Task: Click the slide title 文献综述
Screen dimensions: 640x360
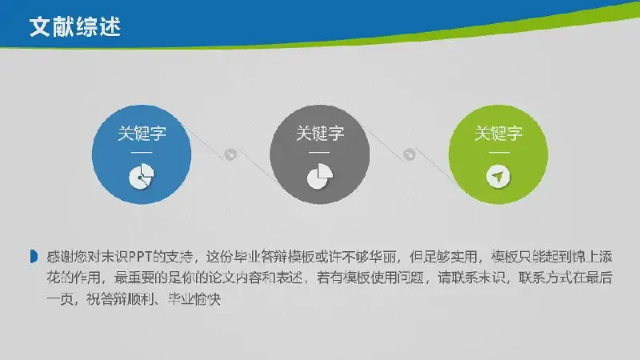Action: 75,27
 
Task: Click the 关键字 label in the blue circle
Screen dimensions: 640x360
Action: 142,134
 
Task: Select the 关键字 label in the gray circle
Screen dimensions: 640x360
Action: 320,134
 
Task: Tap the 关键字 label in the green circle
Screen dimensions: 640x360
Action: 498,134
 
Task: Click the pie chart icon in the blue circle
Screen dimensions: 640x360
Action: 142,176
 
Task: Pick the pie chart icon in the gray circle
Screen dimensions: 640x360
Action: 320,176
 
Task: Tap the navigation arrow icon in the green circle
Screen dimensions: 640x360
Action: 498,177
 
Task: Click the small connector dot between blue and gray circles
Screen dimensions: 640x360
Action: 230,154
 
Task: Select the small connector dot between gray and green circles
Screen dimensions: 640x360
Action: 409,154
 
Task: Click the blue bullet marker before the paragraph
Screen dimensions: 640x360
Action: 34,257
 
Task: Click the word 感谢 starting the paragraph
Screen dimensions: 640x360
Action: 59,257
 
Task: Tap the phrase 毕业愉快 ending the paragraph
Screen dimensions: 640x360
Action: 194,299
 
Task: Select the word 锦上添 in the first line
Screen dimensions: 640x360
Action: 592,257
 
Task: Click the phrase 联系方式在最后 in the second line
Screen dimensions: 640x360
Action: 566,278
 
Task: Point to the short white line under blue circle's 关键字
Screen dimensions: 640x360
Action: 142,152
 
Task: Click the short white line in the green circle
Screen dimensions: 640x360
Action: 498,152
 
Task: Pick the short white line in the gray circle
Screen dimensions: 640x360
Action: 320,152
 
